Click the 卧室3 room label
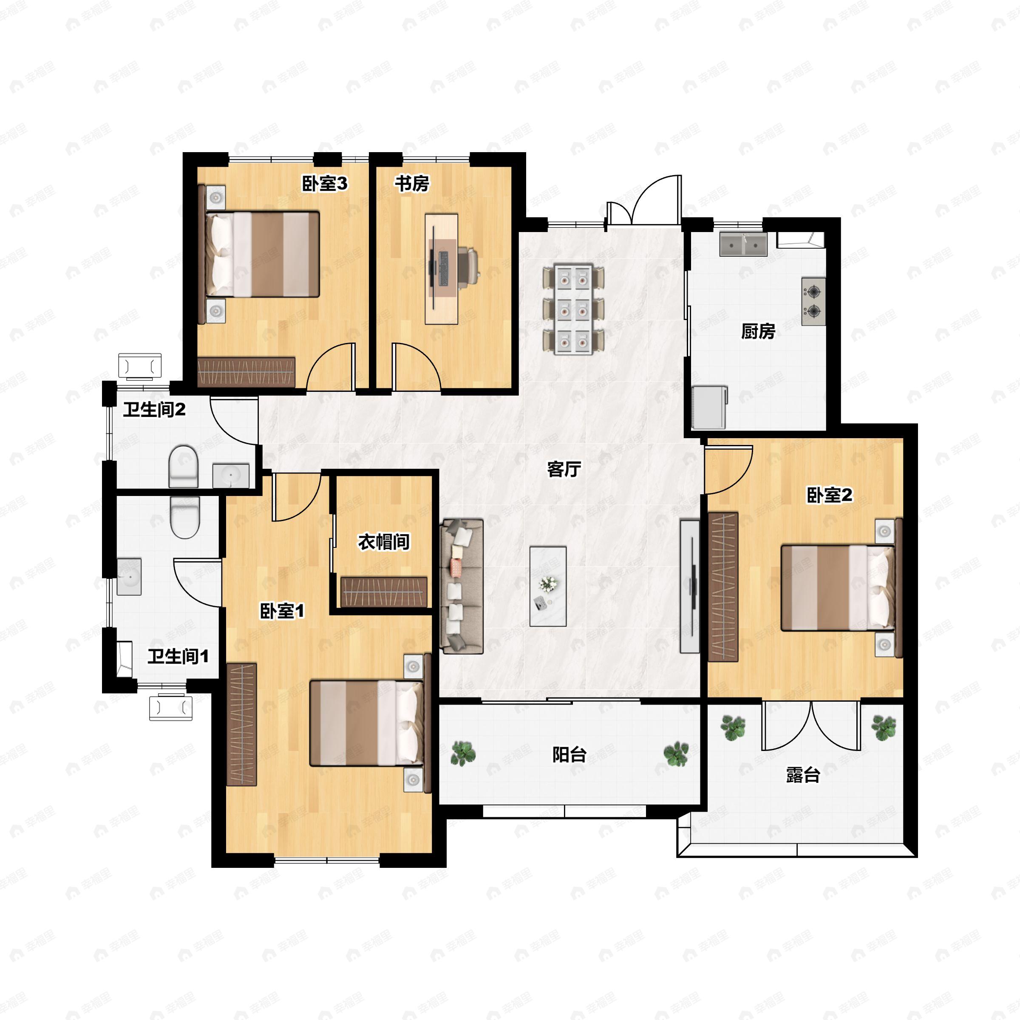click(325, 183)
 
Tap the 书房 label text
click(412, 183)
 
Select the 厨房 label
click(758, 331)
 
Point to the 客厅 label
click(564, 468)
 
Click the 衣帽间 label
click(384, 542)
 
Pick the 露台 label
click(802, 775)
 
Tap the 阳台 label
click(569, 754)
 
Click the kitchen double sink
click(743, 244)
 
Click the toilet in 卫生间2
click(183, 466)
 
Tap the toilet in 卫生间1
click(185, 517)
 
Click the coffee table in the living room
click(548, 586)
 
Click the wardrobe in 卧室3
click(246, 372)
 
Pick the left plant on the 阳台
click(463, 754)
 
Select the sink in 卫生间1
click(128, 577)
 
